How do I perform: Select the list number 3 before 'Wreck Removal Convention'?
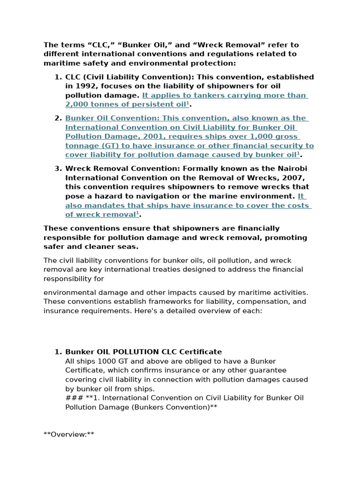(58, 168)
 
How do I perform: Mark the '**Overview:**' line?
(69, 435)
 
